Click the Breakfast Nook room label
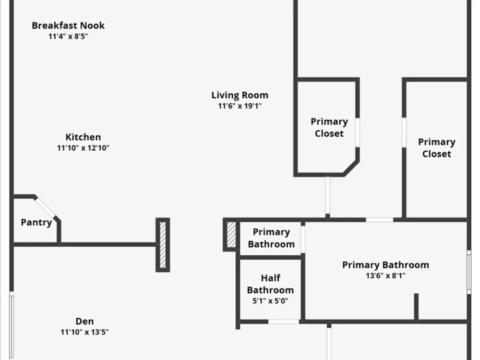(68, 25)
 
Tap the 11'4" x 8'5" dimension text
(68, 36)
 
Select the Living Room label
(240, 95)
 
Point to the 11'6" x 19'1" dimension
(240, 106)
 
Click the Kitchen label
(83, 137)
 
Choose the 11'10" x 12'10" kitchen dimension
(83, 148)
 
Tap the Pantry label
(36, 223)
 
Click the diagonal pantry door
(45, 207)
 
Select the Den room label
(84, 321)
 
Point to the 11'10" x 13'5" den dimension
(84, 332)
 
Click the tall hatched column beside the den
(163, 245)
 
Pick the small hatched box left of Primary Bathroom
(231, 235)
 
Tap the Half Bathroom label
(270, 284)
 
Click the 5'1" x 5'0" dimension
(270, 301)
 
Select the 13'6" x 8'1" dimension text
(386, 276)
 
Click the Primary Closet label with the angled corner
(329, 127)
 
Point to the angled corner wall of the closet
(351, 168)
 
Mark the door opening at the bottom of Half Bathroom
(284, 322)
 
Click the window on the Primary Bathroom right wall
(469, 272)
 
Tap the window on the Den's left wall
(12, 326)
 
